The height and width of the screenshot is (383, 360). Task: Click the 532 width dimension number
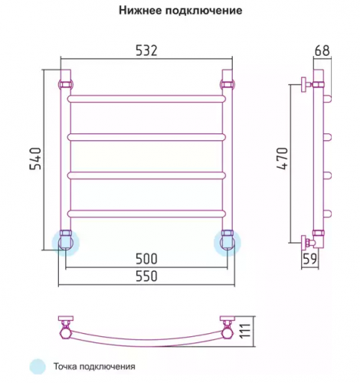point(146,51)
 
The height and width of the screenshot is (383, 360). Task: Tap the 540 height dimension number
point(35,159)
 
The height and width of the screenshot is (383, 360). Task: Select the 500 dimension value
point(146,259)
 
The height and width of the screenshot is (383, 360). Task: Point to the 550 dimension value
point(146,276)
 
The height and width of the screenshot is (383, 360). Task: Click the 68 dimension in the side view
point(322,51)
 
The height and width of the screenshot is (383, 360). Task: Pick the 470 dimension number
point(283,159)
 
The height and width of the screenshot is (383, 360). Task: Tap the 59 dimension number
point(309,259)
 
